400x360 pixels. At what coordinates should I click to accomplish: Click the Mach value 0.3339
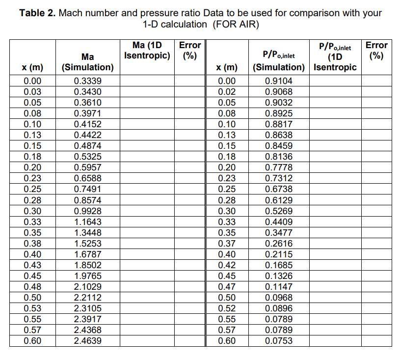pos(87,81)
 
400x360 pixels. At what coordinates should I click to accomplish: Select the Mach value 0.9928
pos(87,211)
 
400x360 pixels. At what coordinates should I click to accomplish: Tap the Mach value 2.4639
pos(87,341)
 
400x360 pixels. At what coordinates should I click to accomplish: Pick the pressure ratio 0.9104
pos(278,81)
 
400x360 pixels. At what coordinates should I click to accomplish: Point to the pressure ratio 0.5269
pos(278,211)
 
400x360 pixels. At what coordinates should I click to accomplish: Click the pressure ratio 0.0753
pos(278,341)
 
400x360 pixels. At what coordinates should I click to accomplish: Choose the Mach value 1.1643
pos(87,222)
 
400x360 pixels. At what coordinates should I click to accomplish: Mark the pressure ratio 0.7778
pos(278,167)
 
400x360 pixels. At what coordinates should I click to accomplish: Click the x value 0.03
pos(32,92)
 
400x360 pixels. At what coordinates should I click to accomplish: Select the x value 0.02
pos(227,92)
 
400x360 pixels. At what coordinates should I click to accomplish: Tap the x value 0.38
pos(32,243)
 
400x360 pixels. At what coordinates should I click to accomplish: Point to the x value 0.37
pos(227,243)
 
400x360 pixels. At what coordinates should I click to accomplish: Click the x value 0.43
pos(32,265)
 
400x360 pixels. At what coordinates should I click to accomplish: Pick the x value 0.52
pos(227,308)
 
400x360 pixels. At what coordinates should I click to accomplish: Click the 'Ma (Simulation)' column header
pos(87,62)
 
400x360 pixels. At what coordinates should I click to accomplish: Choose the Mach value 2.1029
pos(87,286)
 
